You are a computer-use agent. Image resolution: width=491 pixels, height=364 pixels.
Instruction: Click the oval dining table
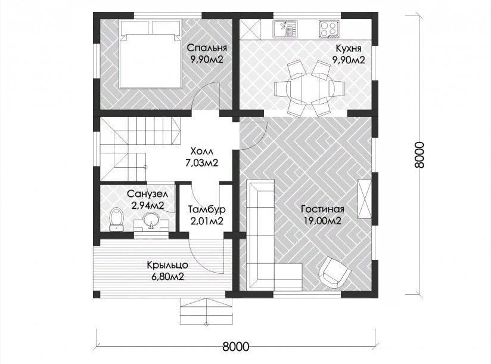310,88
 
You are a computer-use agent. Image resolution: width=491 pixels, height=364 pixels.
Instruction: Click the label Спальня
207,48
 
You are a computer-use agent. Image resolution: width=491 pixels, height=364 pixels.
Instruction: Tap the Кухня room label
348,48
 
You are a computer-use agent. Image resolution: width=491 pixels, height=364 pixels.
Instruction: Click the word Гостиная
322,209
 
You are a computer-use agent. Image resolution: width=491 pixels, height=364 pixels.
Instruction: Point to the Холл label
201,152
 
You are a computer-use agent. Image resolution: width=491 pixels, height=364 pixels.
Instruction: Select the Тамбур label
207,209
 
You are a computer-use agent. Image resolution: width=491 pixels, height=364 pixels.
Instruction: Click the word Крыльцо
167,265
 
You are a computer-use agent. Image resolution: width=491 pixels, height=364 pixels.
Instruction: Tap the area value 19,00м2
322,220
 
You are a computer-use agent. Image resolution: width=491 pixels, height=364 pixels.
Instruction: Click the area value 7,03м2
201,163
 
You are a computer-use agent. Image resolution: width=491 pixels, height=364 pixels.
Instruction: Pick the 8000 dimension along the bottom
236,347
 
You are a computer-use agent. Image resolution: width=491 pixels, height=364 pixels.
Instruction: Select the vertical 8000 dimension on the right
419,155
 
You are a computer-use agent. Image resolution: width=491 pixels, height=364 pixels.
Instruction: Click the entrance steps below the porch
206,311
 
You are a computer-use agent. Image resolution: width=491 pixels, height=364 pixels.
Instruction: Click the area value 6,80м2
167,277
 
